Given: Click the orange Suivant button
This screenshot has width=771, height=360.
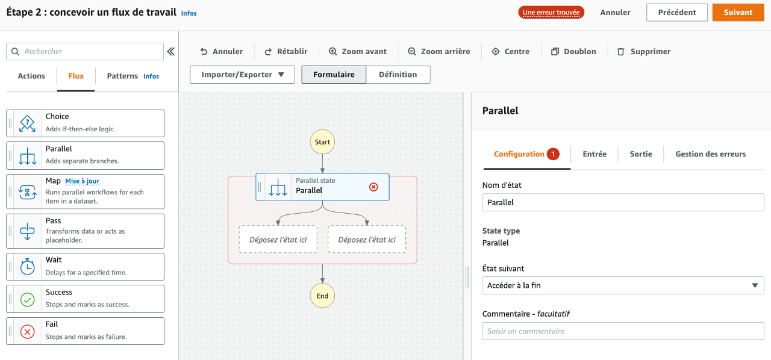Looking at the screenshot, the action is [738, 13].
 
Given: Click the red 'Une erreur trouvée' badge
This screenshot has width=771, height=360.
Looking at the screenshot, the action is [551, 13].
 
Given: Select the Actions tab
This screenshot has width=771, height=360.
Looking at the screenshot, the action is [31, 76].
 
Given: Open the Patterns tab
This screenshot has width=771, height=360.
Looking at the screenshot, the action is [122, 76].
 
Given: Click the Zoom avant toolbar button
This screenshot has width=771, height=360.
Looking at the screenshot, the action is [358, 52].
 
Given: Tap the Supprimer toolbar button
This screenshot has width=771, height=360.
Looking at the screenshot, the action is [644, 52].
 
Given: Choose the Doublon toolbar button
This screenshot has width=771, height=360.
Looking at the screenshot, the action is [573, 52].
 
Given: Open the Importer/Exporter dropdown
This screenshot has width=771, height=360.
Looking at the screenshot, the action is [242, 75].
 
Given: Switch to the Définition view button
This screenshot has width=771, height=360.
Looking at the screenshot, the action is [398, 75].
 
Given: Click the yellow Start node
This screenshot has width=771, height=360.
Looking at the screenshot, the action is [322, 142].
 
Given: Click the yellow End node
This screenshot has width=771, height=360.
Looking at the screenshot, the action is [322, 296].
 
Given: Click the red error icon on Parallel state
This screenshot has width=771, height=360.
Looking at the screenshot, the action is [373, 187].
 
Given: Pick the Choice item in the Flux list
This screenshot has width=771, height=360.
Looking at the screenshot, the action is [85, 123].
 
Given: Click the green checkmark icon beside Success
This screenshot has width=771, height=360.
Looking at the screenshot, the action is [28, 299].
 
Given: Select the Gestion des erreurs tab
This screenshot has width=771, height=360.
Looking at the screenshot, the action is [710, 154].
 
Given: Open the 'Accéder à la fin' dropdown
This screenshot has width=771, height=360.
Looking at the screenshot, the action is [623, 285].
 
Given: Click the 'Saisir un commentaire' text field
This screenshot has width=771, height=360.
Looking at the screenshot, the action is [623, 331].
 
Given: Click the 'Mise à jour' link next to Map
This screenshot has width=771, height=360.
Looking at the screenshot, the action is [83, 181].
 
